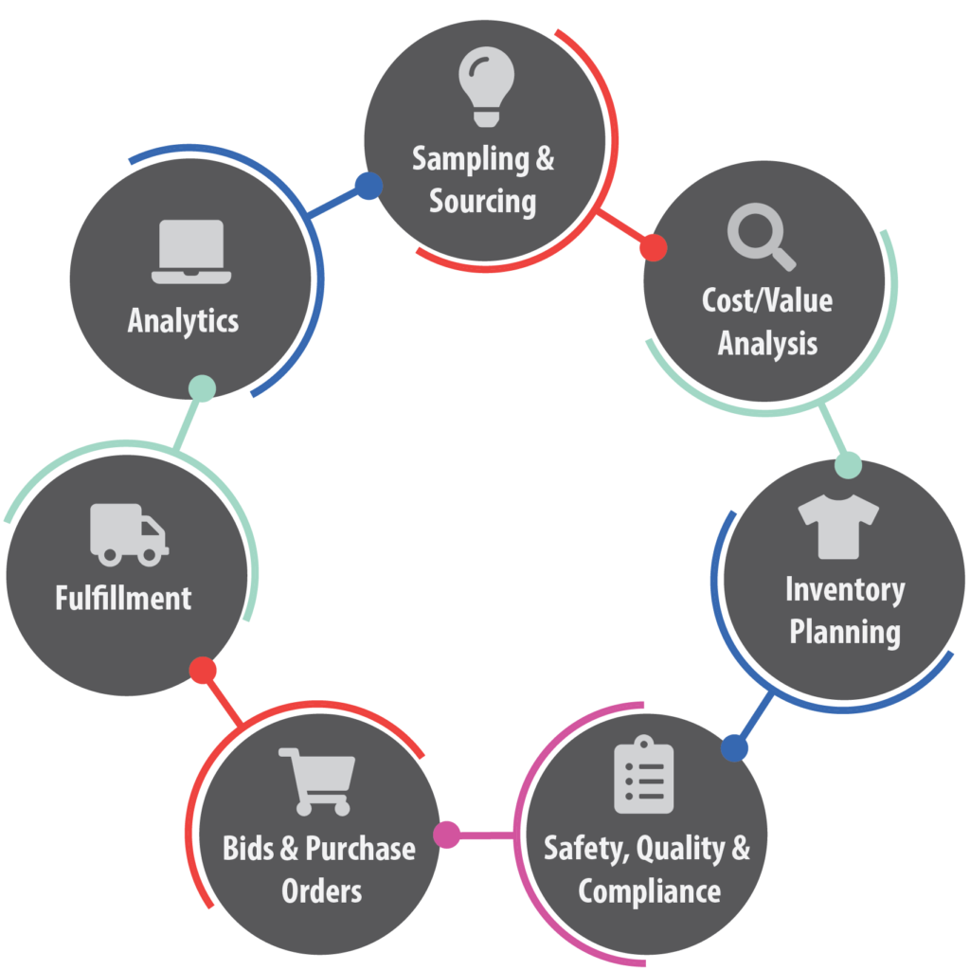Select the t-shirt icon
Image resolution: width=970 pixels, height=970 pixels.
point(838,527)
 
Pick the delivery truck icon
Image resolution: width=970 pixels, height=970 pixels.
point(129,534)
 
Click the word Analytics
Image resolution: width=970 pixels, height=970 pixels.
point(184,320)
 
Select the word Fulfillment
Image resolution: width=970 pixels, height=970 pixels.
point(123,598)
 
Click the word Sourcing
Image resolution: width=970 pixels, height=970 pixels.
point(483,201)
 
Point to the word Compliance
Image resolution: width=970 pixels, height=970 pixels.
point(650,891)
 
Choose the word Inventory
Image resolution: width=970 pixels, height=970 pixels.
point(845,589)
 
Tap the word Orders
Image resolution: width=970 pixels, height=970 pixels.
point(322,891)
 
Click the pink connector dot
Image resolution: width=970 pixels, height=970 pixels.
point(446,835)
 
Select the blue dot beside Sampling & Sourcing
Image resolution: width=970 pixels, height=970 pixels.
point(368,186)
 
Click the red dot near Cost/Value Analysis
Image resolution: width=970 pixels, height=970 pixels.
point(653,248)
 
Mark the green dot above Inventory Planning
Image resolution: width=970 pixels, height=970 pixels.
point(848,465)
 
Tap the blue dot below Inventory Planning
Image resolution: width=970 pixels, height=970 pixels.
point(734,748)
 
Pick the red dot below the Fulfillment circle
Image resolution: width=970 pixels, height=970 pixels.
point(203,671)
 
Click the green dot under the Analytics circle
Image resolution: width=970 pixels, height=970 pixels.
point(202,387)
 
